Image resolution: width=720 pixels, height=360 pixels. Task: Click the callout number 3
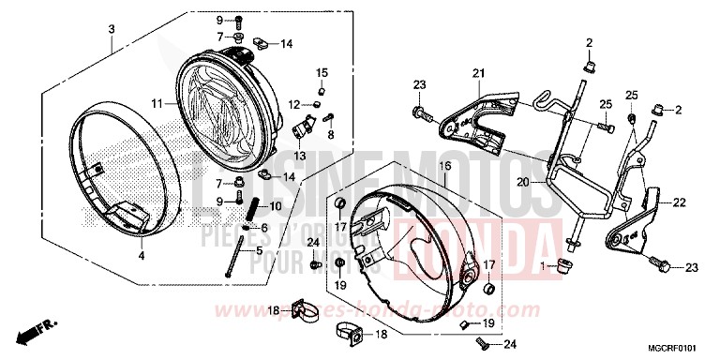click(111, 30)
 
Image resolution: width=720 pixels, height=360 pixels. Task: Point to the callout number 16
click(445, 165)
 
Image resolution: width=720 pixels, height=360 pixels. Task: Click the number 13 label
click(301, 156)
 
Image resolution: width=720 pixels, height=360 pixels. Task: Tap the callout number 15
click(321, 73)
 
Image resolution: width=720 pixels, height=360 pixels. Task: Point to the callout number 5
click(231, 250)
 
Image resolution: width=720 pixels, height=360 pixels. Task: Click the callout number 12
click(293, 103)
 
